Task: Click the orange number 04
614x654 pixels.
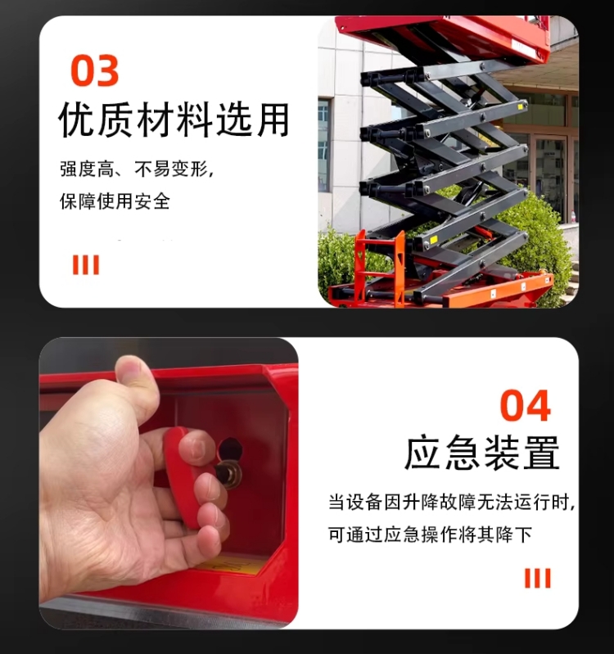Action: click(525, 406)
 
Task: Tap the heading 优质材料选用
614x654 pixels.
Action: click(174, 119)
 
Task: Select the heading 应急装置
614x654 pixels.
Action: click(482, 452)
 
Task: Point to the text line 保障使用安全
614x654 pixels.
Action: click(115, 201)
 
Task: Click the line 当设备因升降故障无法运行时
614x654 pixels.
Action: click(451, 502)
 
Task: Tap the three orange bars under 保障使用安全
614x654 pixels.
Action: click(86, 264)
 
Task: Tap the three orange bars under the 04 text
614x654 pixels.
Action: click(537, 579)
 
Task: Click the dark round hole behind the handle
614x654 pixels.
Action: click(230, 449)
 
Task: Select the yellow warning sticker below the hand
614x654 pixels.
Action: click(237, 564)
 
